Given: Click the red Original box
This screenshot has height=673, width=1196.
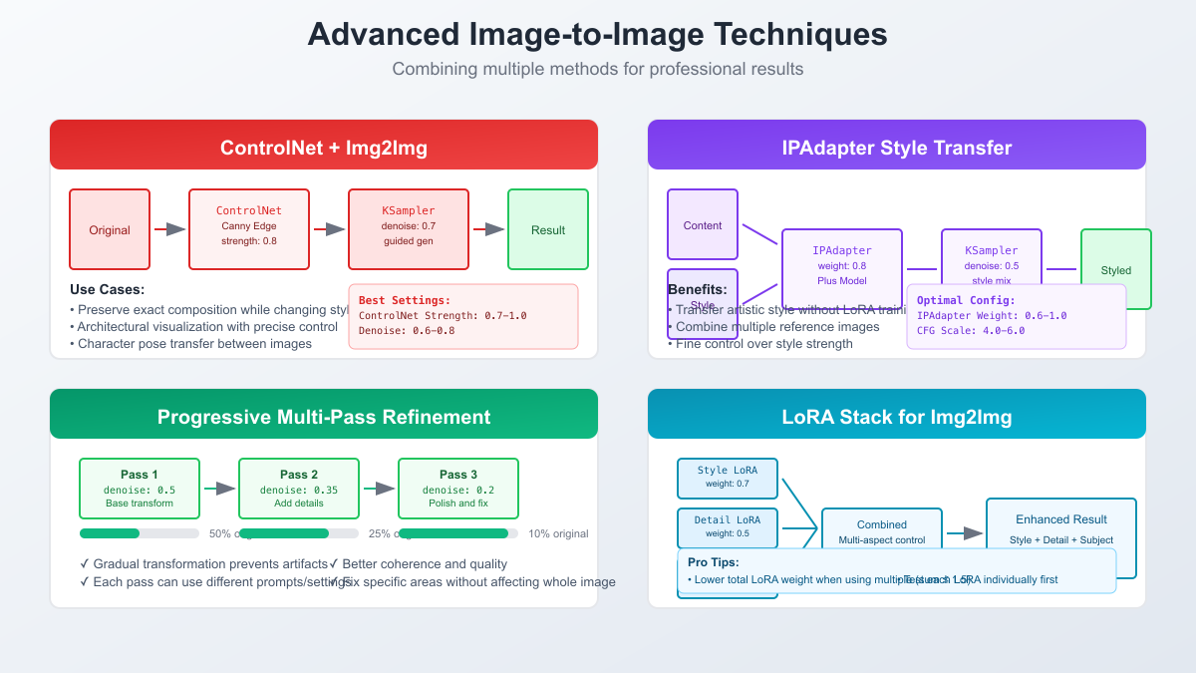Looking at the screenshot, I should click(x=110, y=229).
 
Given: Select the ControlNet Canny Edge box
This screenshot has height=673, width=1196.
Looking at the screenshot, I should click(x=249, y=229).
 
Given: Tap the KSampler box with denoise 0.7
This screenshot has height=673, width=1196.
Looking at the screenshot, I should click(x=408, y=229).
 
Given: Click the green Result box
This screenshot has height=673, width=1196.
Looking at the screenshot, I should click(x=548, y=229).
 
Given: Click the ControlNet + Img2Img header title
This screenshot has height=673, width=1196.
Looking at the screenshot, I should click(x=324, y=148).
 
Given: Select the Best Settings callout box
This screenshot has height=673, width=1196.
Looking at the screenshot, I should click(x=463, y=316).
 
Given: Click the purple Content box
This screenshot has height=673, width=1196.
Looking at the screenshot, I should click(x=703, y=224).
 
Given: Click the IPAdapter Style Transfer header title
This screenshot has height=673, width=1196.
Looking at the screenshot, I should click(x=897, y=148).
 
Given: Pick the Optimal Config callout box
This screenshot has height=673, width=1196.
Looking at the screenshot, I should click(x=1017, y=316).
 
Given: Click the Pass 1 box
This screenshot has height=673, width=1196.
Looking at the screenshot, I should click(x=140, y=489).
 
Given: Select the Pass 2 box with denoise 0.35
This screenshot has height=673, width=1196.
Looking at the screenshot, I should click(x=299, y=489).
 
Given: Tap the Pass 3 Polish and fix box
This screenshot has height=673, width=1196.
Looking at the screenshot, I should click(x=458, y=489).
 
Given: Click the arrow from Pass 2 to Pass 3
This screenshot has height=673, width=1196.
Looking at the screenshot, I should click(x=379, y=489).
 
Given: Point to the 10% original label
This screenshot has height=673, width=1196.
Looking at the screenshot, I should click(x=558, y=533).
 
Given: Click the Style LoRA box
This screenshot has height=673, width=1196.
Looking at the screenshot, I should click(x=728, y=478).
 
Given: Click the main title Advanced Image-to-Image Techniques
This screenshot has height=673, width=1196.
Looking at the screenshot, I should click(x=598, y=34).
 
